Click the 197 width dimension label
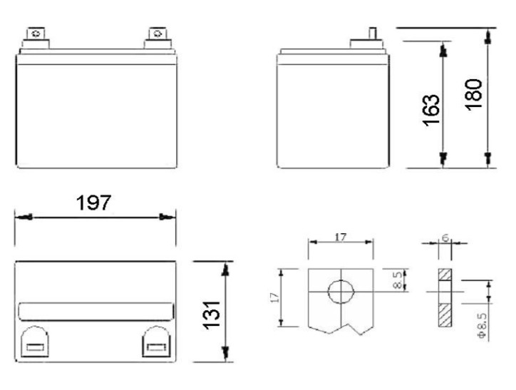tap(93, 202)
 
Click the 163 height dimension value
tap(430, 111)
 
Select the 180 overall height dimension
tap(473, 94)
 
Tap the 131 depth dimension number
tap(211, 315)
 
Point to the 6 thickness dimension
tap(445, 237)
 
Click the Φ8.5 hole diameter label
tap(482, 326)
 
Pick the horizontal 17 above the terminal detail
tap(341, 237)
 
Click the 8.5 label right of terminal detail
tap(398, 280)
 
